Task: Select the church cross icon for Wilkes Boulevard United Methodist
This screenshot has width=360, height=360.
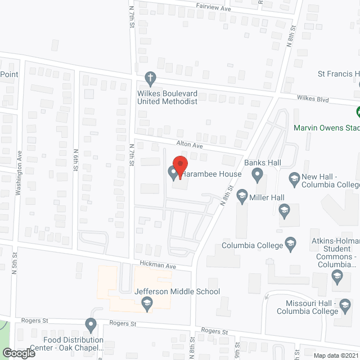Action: click(x=150, y=76)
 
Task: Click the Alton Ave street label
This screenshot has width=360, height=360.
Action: click(x=190, y=145)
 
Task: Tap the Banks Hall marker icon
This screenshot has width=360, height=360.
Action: click(x=258, y=177)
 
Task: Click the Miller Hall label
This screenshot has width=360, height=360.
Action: click(x=268, y=197)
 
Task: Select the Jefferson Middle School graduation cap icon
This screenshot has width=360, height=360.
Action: click(x=147, y=304)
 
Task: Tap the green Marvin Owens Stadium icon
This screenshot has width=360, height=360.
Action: click(x=357, y=112)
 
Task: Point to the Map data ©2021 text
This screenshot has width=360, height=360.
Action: click(x=335, y=355)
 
